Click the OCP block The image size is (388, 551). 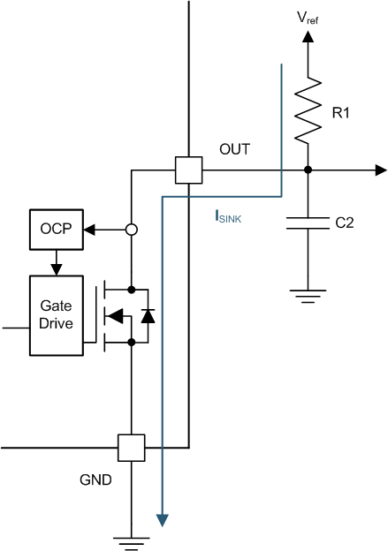(x=54, y=230)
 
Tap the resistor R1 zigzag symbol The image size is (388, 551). (x=308, y=109)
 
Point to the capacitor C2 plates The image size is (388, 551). (x=308, y=225)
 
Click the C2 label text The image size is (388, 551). (x=344, y=224)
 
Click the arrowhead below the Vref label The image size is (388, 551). (x=308, y=37)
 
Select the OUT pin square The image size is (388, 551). (x=188, y=170)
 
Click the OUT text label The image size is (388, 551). (x=234, y=150)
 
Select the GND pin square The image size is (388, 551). (x=131, y=448)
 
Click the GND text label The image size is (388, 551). (x=95, y=481)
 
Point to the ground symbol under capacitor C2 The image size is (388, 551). (x=308, y=295)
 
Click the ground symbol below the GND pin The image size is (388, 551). (x=131, y=541)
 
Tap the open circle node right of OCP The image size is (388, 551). (x=131, y=230)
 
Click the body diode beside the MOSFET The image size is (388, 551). (x=148, y=314)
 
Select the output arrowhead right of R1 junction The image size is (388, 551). (x=380, y=170)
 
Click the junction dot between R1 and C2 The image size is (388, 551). (x=308, y=170)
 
